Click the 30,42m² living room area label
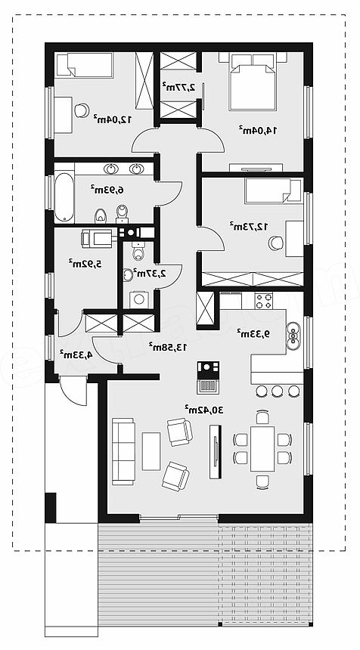[x=204, y=410]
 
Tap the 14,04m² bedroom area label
[x=258, y=130]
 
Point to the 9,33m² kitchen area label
[x=253, y=333]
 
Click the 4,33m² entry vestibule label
[x=76, y=354]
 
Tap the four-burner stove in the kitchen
[x=263, y=301]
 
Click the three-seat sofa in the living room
[x=123, y=451]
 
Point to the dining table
[x=262, y=448]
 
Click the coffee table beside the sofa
[x=151, y=451]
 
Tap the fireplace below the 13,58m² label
[x=208, y=377]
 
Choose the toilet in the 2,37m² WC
[x=138, y=250]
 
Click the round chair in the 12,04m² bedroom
[x=82, y=110]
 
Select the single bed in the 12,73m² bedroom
[x=273, y=190]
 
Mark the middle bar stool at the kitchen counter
[x=278, y=391]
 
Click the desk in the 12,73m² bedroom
[x=294, y=238]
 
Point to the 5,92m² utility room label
[x=85, y=263]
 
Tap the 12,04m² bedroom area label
[x=113, y=119]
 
